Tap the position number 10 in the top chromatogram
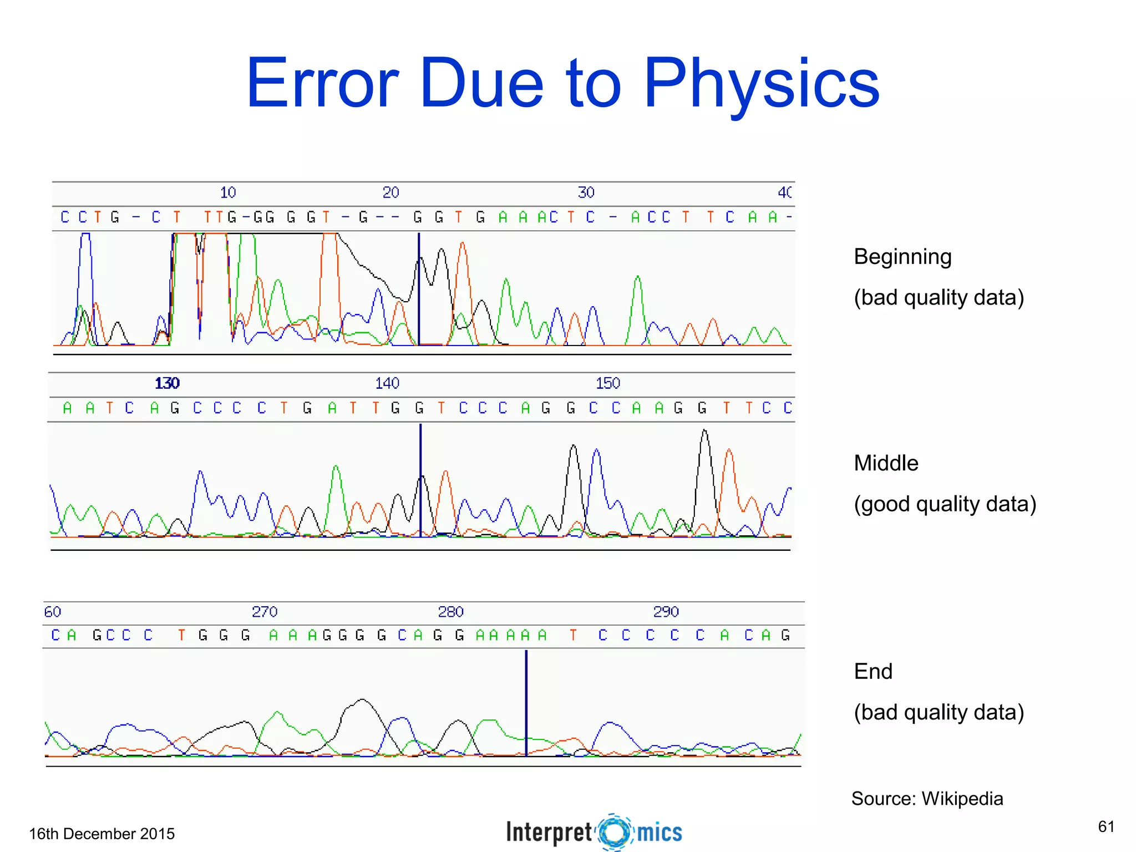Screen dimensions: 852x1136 [x=228, y=192]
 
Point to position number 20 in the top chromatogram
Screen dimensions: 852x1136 [x=390, y=192]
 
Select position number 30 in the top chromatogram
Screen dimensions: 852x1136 [x=586, y=192]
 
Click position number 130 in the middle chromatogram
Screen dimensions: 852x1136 [x=167, y=383]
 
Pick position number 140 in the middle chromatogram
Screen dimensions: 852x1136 [x=387, y=383]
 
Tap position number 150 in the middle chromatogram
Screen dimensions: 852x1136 [x=608, y=383]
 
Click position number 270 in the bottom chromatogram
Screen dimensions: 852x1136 [x=265, y=612]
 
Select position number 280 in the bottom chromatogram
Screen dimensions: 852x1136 [x=450, y=612]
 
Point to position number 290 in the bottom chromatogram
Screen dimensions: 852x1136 [x=666, y=612]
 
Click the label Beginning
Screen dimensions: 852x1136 [x=902, y=257]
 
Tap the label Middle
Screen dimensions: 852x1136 [x=886, y=463]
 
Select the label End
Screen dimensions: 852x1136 [x=873, y=672]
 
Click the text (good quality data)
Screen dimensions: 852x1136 [x=945, y=504]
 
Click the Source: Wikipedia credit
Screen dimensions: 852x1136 [x=927, y=799]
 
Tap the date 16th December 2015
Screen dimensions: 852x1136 [x=102, y=834]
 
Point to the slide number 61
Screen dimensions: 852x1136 [x=1106, y=826]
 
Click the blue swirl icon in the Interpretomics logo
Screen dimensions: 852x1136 [x=615, y=832]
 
